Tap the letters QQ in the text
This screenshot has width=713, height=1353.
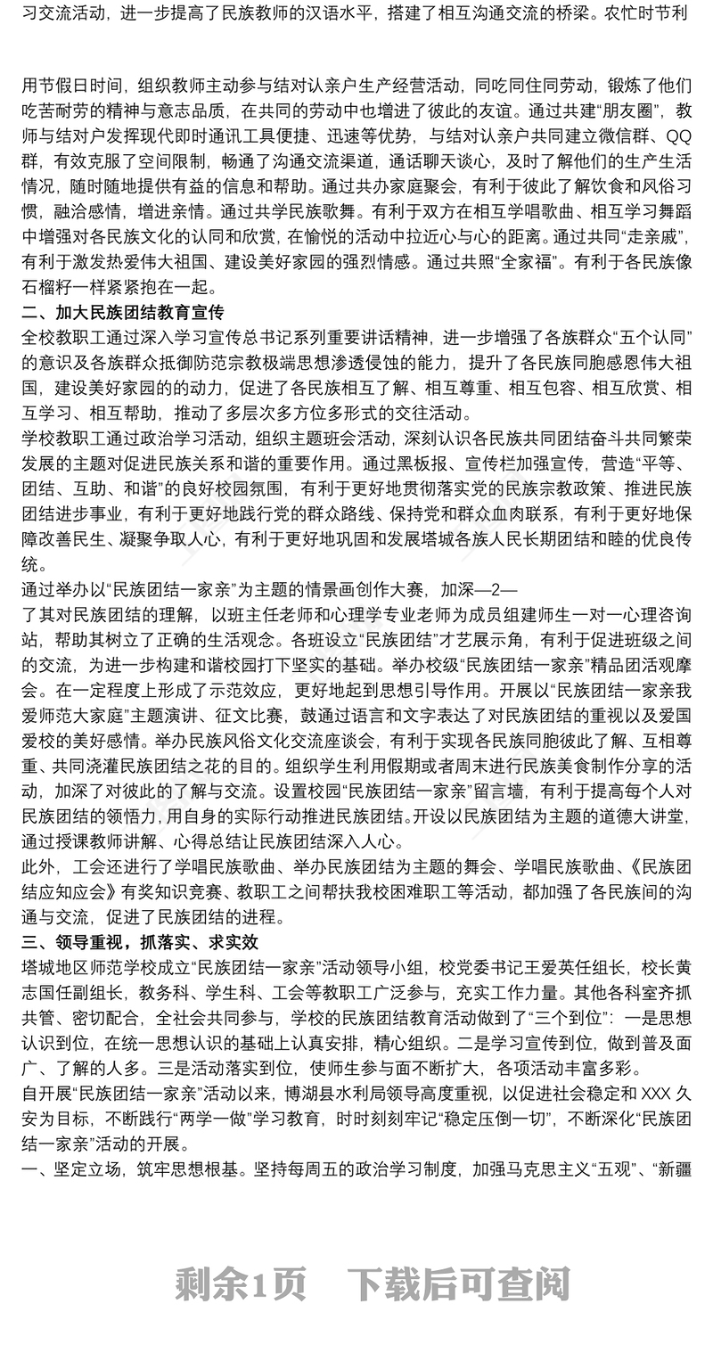tap(678, 136)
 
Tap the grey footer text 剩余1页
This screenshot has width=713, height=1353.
tap(242, 1284)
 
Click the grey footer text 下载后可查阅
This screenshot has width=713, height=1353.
tap(458, 1284)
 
